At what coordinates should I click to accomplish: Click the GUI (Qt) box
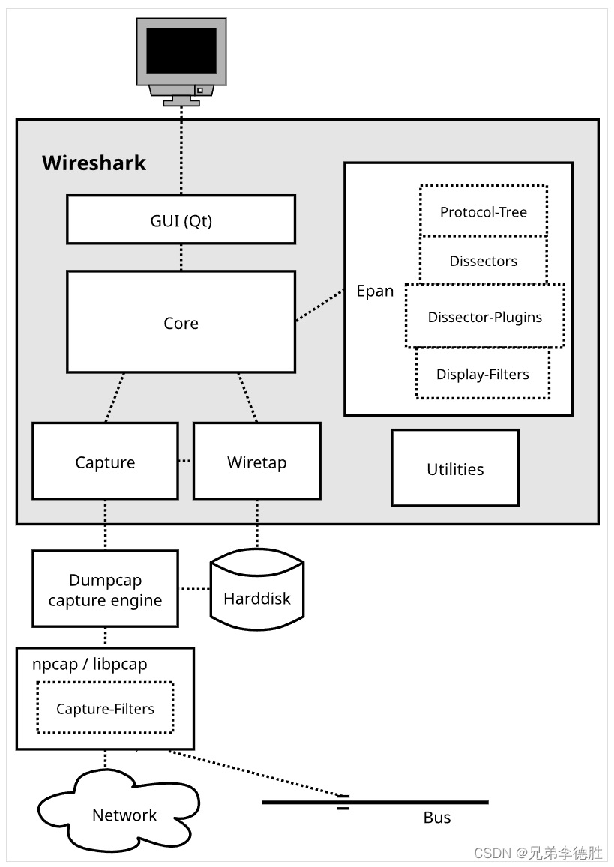pyautogui.click(x=181, y=220)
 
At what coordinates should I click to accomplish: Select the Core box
pyautogui.click(x=181, y=321)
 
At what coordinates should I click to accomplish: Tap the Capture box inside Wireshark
pyautogui.click(x=105, y=461)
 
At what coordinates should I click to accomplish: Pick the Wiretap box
pyautogui.click(x=256, y=461)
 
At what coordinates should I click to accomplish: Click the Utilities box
pyautogui.click(x=455, y=468)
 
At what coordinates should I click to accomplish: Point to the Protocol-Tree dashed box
pyautogui.click(x=484, y=211)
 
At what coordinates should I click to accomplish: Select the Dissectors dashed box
pyautogui.click(x=484, y=260)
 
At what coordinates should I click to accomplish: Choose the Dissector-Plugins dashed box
pyautogui.click(x=484, y=315)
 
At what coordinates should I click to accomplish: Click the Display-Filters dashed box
pyautogui.click(x=482, y=373)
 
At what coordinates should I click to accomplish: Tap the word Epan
pyautogui.click(x=375, y=291)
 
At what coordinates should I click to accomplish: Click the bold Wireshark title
pyautogui.click(x=94, y=163)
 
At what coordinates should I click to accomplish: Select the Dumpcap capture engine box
pyautogui.click(x=105, y=589)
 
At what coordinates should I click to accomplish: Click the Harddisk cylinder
pyautogui.click(x=256, y=590)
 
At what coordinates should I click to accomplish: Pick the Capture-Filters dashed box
pyautogui.click(x=105, y=707)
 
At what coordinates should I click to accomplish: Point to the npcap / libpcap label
pyautogui.click(x=90, y=663)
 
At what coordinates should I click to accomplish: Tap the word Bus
pyautogui.click(x=436, y=818)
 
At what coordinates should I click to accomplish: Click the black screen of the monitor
pyautogui.click(x=181, y=51)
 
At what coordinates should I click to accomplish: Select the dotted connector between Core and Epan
pyautogui.click(x=319, y=305)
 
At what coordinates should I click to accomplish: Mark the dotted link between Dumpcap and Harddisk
pyautogui.click(x=195, y=589)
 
